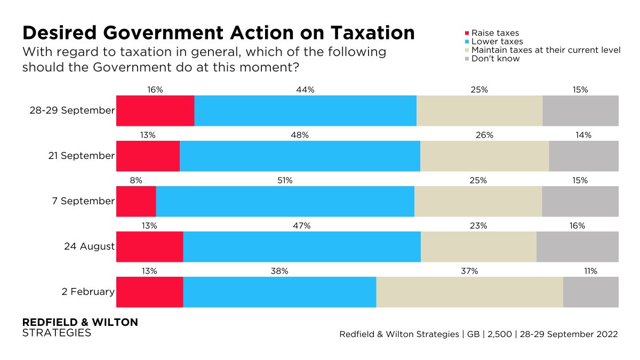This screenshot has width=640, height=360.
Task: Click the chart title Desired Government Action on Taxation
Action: pos(218,33)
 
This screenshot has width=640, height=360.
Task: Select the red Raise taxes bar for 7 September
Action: pos(136,202)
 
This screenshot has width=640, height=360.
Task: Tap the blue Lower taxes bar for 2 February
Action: pos(279,292)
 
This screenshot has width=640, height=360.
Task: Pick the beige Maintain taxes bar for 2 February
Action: pos(469,292)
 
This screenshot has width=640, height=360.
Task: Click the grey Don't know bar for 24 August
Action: pos(577,247)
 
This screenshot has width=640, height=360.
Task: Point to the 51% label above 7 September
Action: pos(285,181)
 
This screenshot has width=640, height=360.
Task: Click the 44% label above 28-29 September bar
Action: pos(305,90)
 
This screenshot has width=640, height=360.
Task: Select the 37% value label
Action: pos(469,271)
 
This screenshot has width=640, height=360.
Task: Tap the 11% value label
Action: pos(590,271)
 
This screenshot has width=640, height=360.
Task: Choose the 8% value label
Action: pos(136,181)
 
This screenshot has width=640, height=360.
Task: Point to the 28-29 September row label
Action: pos(73,111)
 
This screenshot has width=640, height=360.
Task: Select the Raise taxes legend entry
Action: pos(495,33)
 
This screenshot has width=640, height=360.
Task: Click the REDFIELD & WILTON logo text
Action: pos(80,323)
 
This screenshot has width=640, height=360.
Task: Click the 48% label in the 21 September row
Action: pos(300,135)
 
